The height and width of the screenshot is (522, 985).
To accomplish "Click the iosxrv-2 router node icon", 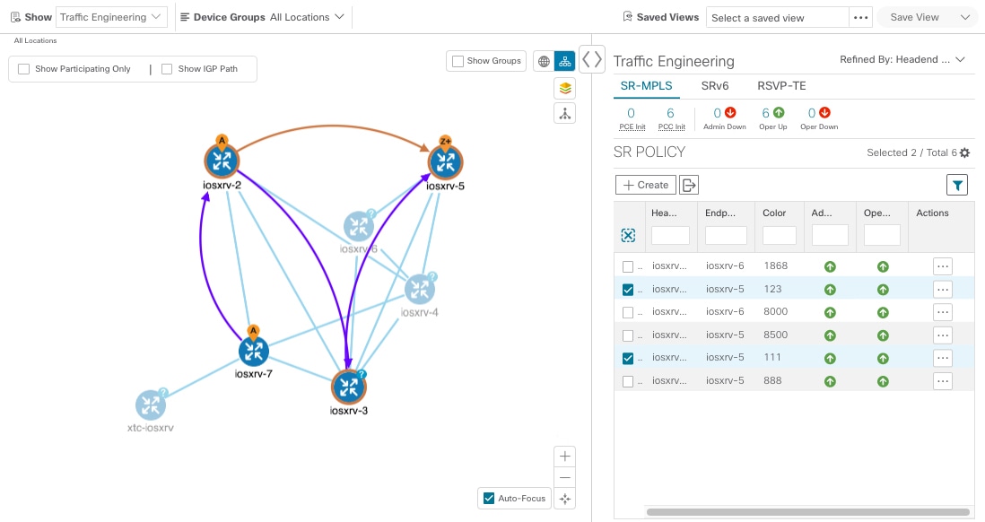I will click(220, 161).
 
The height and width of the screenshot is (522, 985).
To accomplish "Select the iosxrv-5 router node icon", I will click(445, 163).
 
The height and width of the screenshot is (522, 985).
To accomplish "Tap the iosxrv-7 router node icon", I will click(253, 352).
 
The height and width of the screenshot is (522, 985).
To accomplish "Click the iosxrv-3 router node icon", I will click(349, 387).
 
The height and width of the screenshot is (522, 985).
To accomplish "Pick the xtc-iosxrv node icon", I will click(151, 405).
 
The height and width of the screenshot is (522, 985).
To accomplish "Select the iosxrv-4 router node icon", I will click(419, 289).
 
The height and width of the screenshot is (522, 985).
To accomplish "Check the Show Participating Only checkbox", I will click(24, 69).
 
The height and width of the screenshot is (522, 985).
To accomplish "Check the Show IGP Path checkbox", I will click(167, 69).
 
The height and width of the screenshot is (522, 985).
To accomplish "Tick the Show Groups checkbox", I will click(458, 61).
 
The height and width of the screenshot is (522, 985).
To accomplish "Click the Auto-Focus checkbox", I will click(489, 499).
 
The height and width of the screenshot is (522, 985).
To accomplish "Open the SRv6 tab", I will click(714, 86).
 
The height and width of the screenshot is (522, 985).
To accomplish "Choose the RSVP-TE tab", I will click(782, 86).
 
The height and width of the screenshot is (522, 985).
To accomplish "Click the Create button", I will click(645, 185).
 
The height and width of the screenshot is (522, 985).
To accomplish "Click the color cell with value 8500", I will click(775, 335).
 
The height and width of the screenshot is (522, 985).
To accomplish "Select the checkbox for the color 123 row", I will click(628, 290).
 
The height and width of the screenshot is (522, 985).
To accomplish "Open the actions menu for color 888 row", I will click(942, 381).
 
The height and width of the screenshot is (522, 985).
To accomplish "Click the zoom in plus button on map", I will click(564, 456).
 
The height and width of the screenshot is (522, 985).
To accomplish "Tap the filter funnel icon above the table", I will click(958, 186).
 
